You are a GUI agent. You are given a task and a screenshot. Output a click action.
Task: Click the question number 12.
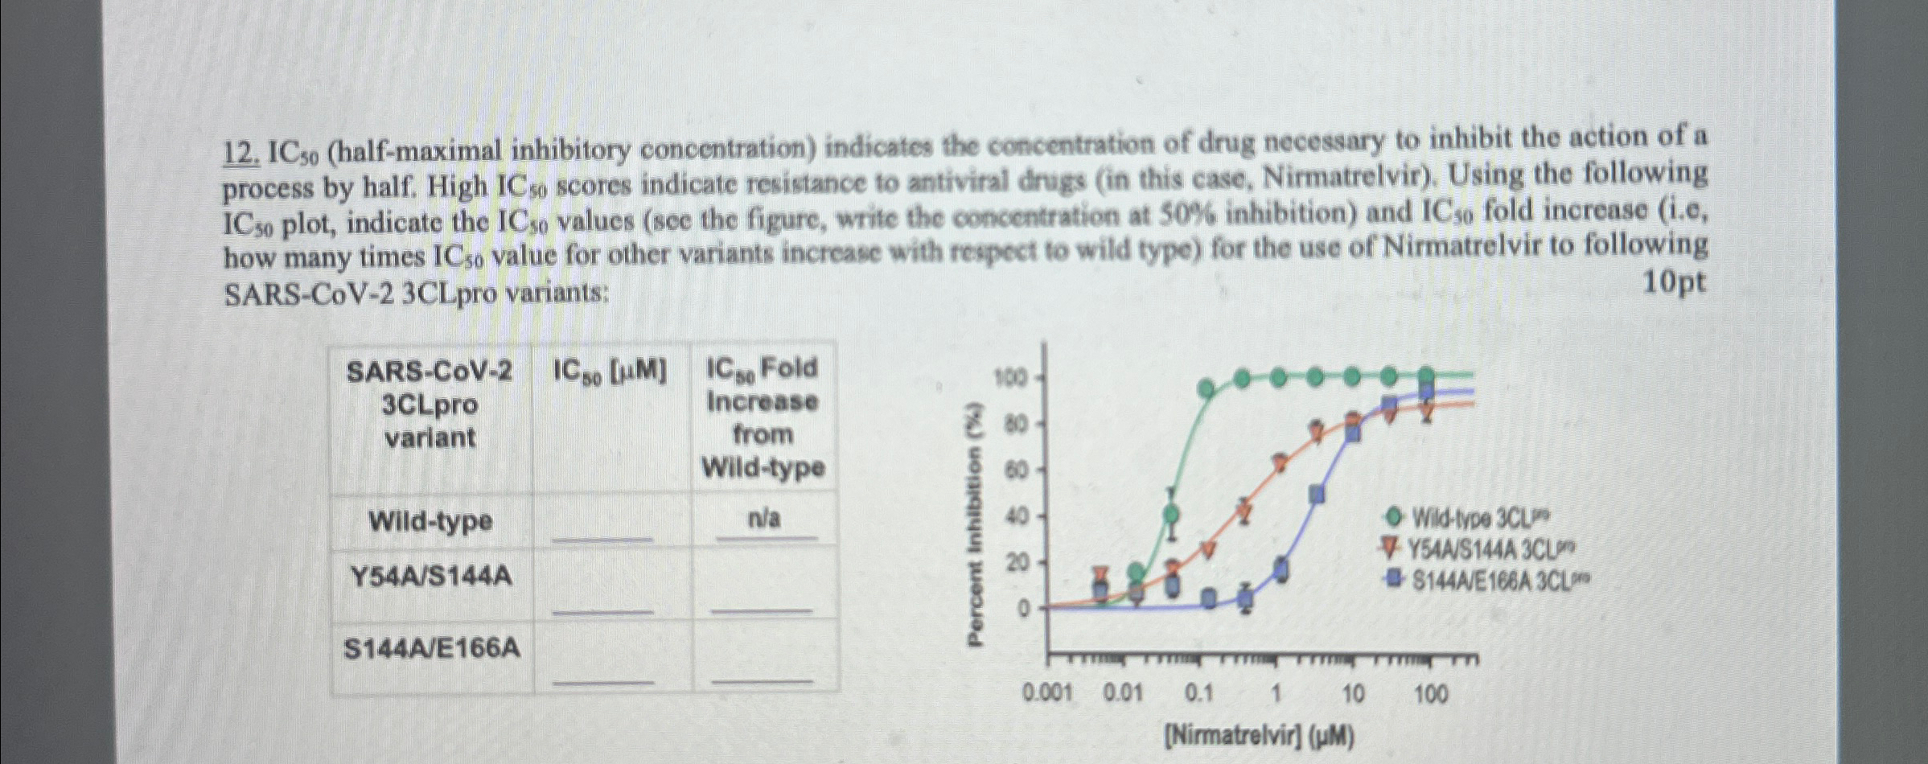[x=240, y=153]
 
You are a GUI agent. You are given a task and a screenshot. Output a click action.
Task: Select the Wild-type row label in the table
[x=430, y=521]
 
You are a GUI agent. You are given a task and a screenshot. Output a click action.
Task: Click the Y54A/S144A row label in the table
[x=431, y=577]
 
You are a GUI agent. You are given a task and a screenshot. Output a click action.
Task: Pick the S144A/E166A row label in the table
[x=432, y=648]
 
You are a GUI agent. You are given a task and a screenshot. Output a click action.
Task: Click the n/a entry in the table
[x=763, y=520]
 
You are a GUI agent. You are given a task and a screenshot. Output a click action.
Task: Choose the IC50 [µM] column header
[x=610, y=371]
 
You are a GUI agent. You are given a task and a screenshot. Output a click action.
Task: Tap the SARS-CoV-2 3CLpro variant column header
[x=430, y=405]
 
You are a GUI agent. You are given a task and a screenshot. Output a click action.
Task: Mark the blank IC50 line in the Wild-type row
[x=602, y=537]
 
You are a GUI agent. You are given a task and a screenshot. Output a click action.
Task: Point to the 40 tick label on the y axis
[x=1017, y=516]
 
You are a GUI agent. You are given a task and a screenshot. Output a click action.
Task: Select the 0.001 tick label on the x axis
[x=1046, y=693]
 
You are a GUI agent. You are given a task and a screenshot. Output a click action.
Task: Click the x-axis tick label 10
[x=1353, y=693]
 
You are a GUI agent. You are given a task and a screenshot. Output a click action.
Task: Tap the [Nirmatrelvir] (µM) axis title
[x=1260, y=736]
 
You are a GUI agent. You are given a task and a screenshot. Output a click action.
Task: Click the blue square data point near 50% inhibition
[x=1317, y=494]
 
